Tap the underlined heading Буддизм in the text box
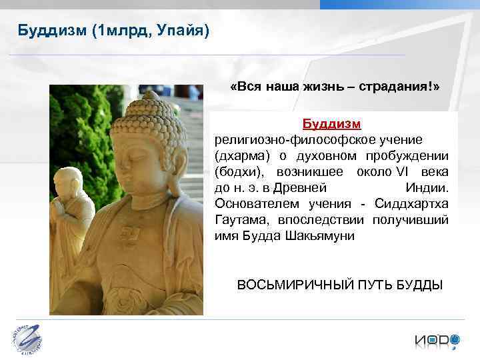331,125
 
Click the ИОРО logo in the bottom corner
436,340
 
